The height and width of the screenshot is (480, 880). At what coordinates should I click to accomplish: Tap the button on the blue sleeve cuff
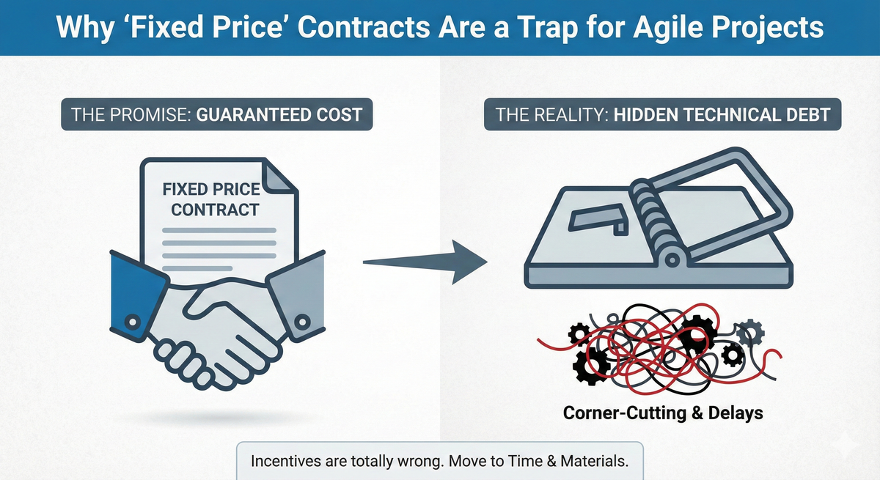click(132, 320)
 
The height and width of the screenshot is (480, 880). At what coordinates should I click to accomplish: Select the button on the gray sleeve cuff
click(301, 322)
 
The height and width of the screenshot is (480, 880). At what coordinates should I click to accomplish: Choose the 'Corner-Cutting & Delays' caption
click(662, 413)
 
